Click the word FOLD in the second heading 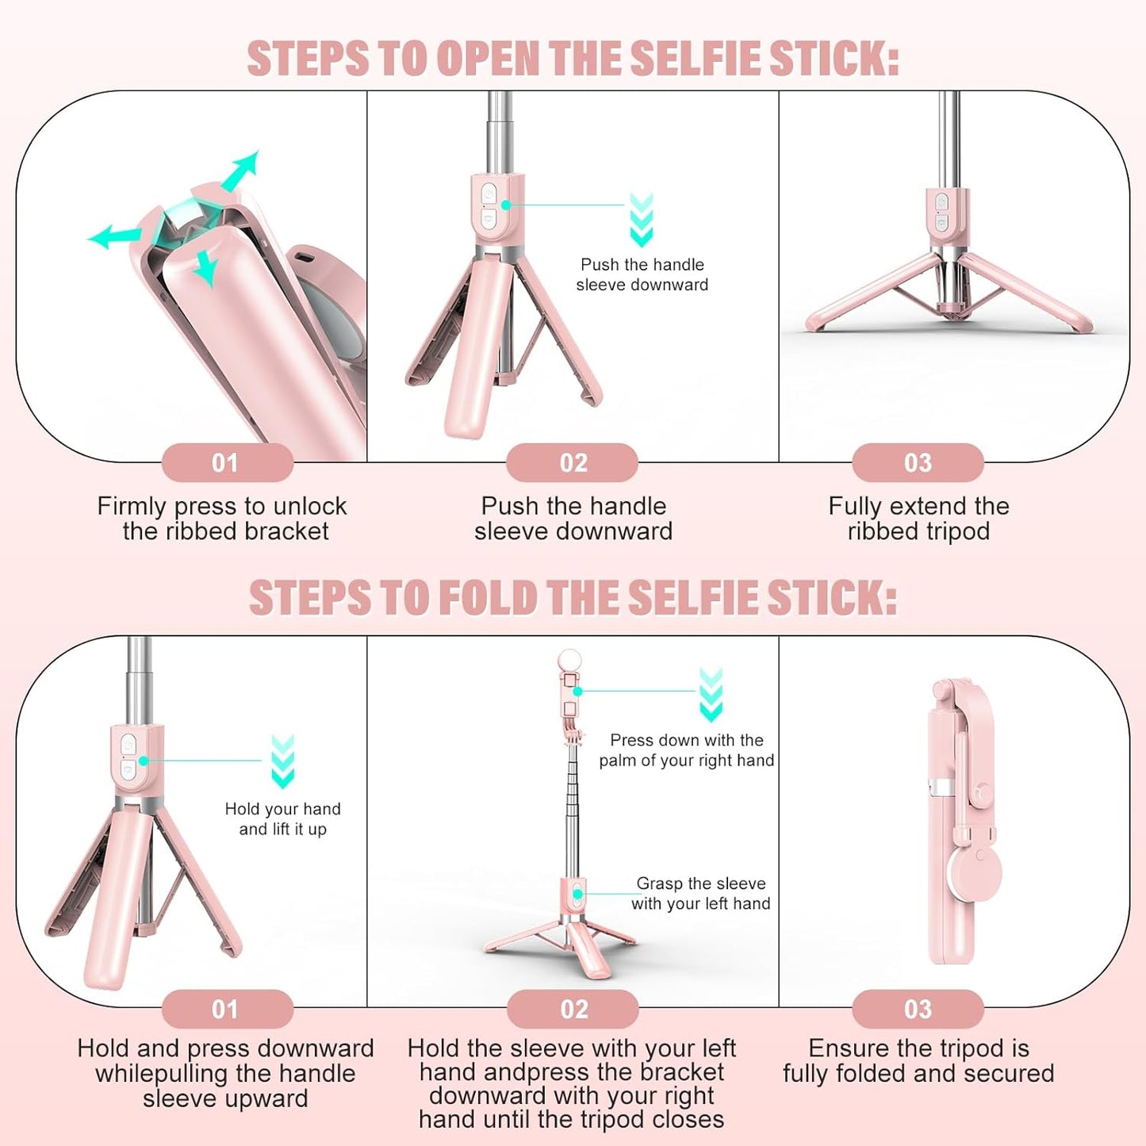tap(488, 598)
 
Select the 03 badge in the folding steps tap(918, 1009)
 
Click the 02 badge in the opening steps tap(573, 462)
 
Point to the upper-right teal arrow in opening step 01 tap(241, 170)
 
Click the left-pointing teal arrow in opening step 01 tap(113, 236)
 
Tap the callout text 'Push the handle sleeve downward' tap(642, 274)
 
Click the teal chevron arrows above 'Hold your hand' tap(283, 761)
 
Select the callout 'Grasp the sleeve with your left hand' tap(701, 893)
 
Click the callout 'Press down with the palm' tap(687, 750)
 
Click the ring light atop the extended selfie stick tap(569, 661)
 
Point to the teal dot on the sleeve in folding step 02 tap(578, 894)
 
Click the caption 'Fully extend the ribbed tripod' tap(918, 518)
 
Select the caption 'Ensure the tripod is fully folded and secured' tap(918, 1060)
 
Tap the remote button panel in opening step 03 tap(941, 213)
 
